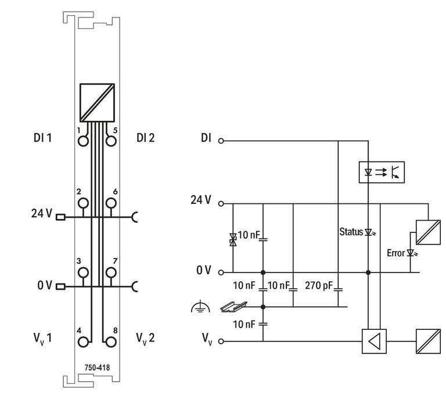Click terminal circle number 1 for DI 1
[x=83, y=141]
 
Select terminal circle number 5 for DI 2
[x=111, y=141]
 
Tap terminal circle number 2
[x=83, y=203]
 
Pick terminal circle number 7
[x=111, y=272]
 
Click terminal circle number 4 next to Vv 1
[x=83, y=342]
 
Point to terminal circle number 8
[x=111, y=342]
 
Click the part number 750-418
[x=97, y=368]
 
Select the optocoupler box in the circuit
[x=382, y=172]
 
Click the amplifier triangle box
[x=374, y=342]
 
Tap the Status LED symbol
[x=369, y=232]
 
